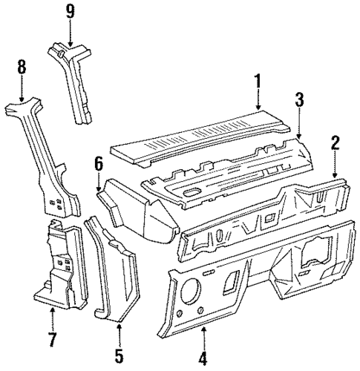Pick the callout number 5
coord(119,358)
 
